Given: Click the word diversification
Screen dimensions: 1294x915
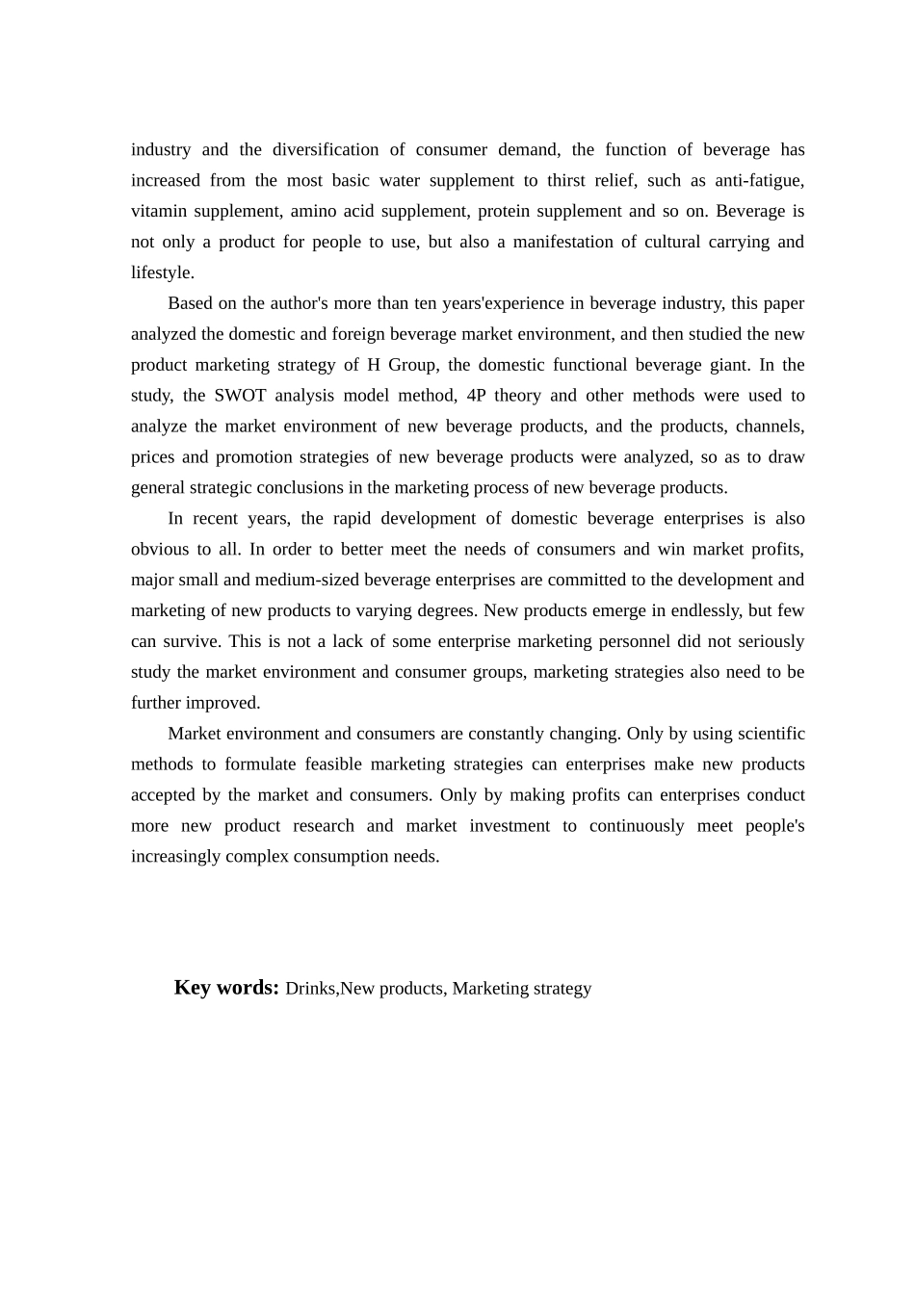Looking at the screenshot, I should click(x=326, y=150).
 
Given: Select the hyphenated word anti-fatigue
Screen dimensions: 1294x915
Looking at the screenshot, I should click(x=759, y=181).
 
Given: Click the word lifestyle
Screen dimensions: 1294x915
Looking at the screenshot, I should click(x=162, y=273).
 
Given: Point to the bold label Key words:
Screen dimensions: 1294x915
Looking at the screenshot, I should click(x=226, y=988).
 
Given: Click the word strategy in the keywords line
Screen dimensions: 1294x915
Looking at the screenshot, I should click(x=562, y=989).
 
